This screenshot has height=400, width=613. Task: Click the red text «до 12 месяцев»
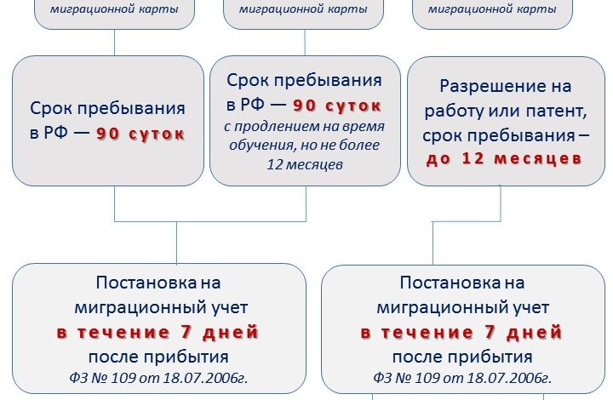(503, 158)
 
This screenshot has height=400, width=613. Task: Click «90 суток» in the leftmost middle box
(140, 134)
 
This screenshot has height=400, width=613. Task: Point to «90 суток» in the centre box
(337, 106)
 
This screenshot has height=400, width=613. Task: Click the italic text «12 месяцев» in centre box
(305, 164)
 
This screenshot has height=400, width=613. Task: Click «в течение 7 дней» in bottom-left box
(158, 332)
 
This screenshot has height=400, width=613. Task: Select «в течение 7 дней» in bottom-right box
(461, 332)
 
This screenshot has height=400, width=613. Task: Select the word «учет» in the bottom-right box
(534, 308)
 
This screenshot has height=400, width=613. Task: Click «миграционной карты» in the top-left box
(114, 9)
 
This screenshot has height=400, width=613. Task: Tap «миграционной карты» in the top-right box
(492, 9)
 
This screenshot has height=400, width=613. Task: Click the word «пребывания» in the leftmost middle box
(130, 108)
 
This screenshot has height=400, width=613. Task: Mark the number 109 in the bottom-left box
(124, 378)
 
